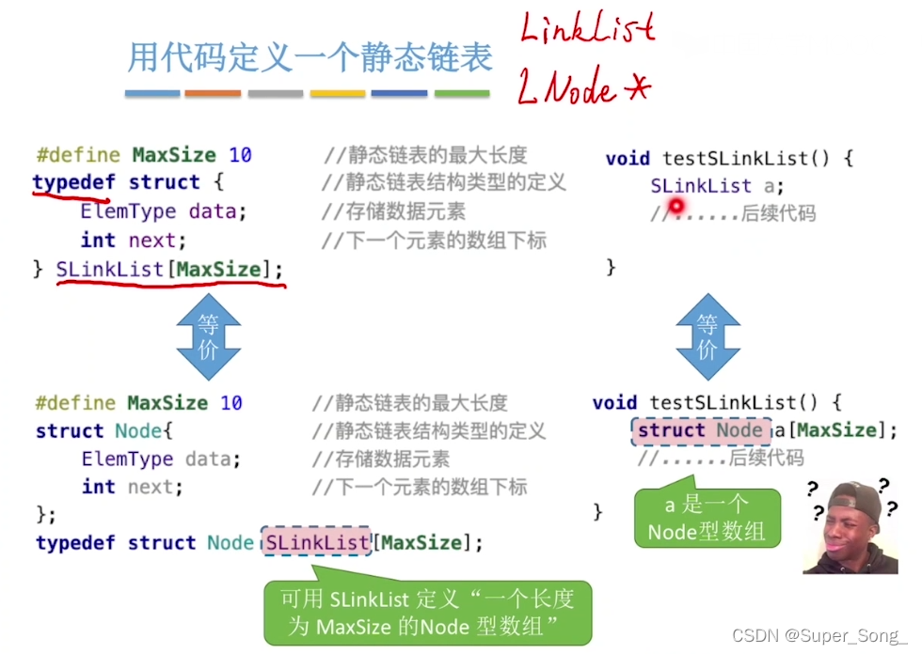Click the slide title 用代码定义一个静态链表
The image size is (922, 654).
(310, 58)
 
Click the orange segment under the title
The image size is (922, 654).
(213, 94)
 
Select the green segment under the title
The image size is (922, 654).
(461, 94)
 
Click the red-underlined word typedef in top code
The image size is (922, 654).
(72, 182)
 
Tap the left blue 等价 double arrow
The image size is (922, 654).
(208, 336)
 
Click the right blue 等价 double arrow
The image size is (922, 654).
(707, 336)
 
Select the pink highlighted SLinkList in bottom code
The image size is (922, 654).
(317, 543)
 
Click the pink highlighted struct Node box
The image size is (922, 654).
(700, 431)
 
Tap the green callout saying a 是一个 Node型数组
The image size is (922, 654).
(707, 519)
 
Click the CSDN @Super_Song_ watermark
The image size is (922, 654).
(819, 636)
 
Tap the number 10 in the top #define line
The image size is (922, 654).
(240, 155)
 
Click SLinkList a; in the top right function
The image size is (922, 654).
(717, 186)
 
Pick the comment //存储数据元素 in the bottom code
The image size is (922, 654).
(380, 459)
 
